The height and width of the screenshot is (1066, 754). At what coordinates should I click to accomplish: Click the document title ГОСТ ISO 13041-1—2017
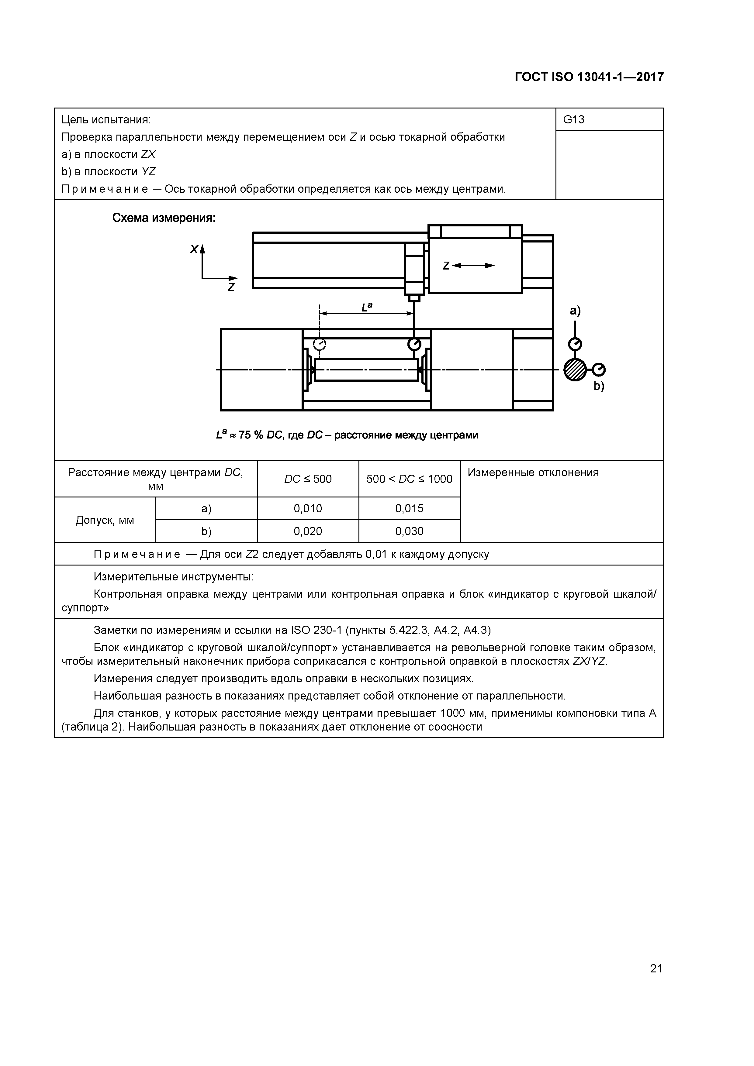(589, 77)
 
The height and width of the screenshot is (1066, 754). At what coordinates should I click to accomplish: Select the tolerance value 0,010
(308, 508)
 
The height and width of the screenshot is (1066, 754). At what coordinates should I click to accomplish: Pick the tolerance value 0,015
(409, 508)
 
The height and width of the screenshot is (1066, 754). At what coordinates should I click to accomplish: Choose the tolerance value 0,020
(308, 531)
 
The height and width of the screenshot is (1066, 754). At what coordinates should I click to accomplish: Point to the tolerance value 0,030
(409, 531)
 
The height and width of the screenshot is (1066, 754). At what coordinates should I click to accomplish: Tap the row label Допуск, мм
(105, 520)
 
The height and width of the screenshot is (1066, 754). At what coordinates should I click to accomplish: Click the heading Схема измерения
(164, 218)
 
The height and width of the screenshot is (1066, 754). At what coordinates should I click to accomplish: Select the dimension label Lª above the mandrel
(367, 307)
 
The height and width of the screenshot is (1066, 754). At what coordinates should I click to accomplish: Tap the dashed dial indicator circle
(320, 344)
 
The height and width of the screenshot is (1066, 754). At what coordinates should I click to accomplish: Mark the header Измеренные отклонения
(533, 473)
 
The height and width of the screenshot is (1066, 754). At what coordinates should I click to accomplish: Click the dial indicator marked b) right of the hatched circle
(599, 370)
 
